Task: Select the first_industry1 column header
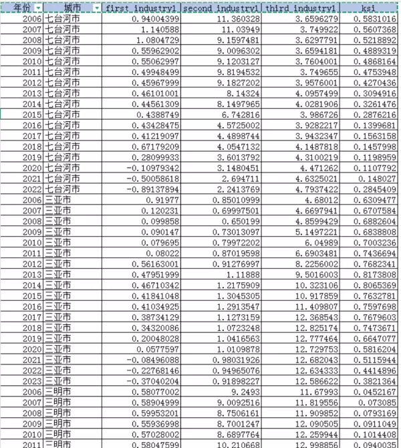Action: tap(140, 7)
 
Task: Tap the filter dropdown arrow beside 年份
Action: tap(39, 7)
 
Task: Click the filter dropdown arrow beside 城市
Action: tap(96, 7)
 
